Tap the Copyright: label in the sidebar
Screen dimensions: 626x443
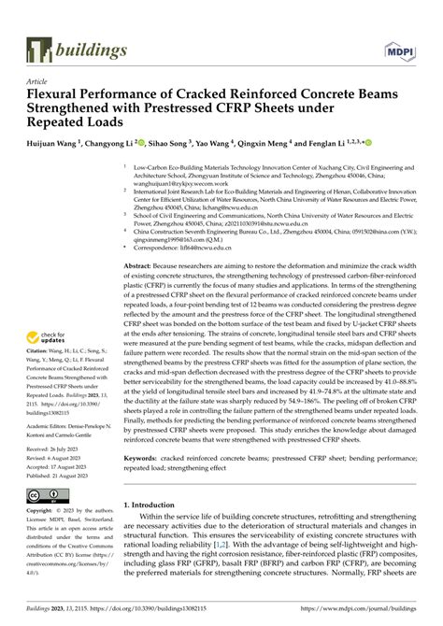pyautogui.click(x=46, y=512)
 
